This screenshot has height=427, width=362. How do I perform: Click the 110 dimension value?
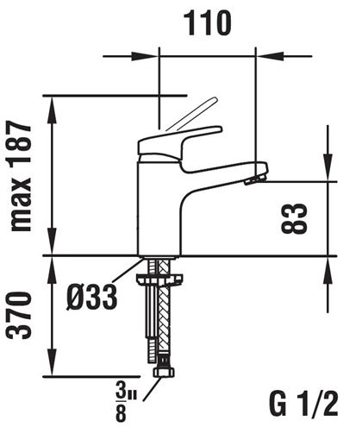coord(208,23)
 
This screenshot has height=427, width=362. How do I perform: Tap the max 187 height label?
coord(20,176)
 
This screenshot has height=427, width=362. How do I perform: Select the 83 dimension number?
coord(294,218)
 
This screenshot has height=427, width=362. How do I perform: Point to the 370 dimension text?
coord(19,315)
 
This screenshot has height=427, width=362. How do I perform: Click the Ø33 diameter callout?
coord(92,297)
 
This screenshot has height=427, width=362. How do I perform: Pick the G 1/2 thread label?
coord(303,404)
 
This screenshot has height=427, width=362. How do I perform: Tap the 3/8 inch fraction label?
coord(126,401)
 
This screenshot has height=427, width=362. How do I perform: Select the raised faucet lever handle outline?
coord(192,114)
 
